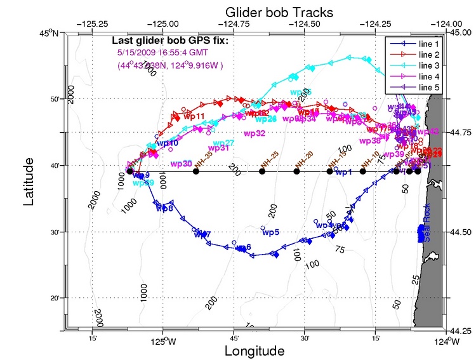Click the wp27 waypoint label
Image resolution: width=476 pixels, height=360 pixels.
(x=224, y=143)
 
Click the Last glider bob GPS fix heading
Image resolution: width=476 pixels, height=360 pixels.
(x=170, y=42)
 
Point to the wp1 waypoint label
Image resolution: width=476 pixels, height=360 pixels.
(x=343, y=172)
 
